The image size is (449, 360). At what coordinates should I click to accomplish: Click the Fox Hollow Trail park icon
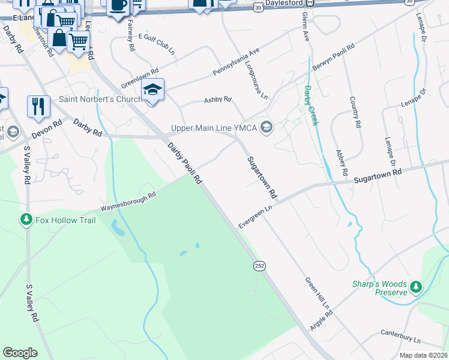pos(26,220)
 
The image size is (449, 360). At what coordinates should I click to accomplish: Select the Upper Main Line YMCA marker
pos(267,127)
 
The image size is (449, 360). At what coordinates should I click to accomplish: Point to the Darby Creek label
pos(310,105)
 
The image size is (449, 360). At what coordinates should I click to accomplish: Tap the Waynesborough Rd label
pos(128,202)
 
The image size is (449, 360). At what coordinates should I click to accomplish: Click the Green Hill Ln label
pos(317,293)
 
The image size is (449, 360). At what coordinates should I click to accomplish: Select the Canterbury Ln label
pos(401,332)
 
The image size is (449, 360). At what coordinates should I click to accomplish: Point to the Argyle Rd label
pos(321,316)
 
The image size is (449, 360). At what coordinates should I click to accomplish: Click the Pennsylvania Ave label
pos(236,62)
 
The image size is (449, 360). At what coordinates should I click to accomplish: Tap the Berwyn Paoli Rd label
pos(334,57)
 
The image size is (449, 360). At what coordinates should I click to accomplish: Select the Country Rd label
pos(354,112)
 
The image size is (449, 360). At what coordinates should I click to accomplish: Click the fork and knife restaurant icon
pos(38,106)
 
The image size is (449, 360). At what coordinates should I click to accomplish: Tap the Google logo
pos(20,353)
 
